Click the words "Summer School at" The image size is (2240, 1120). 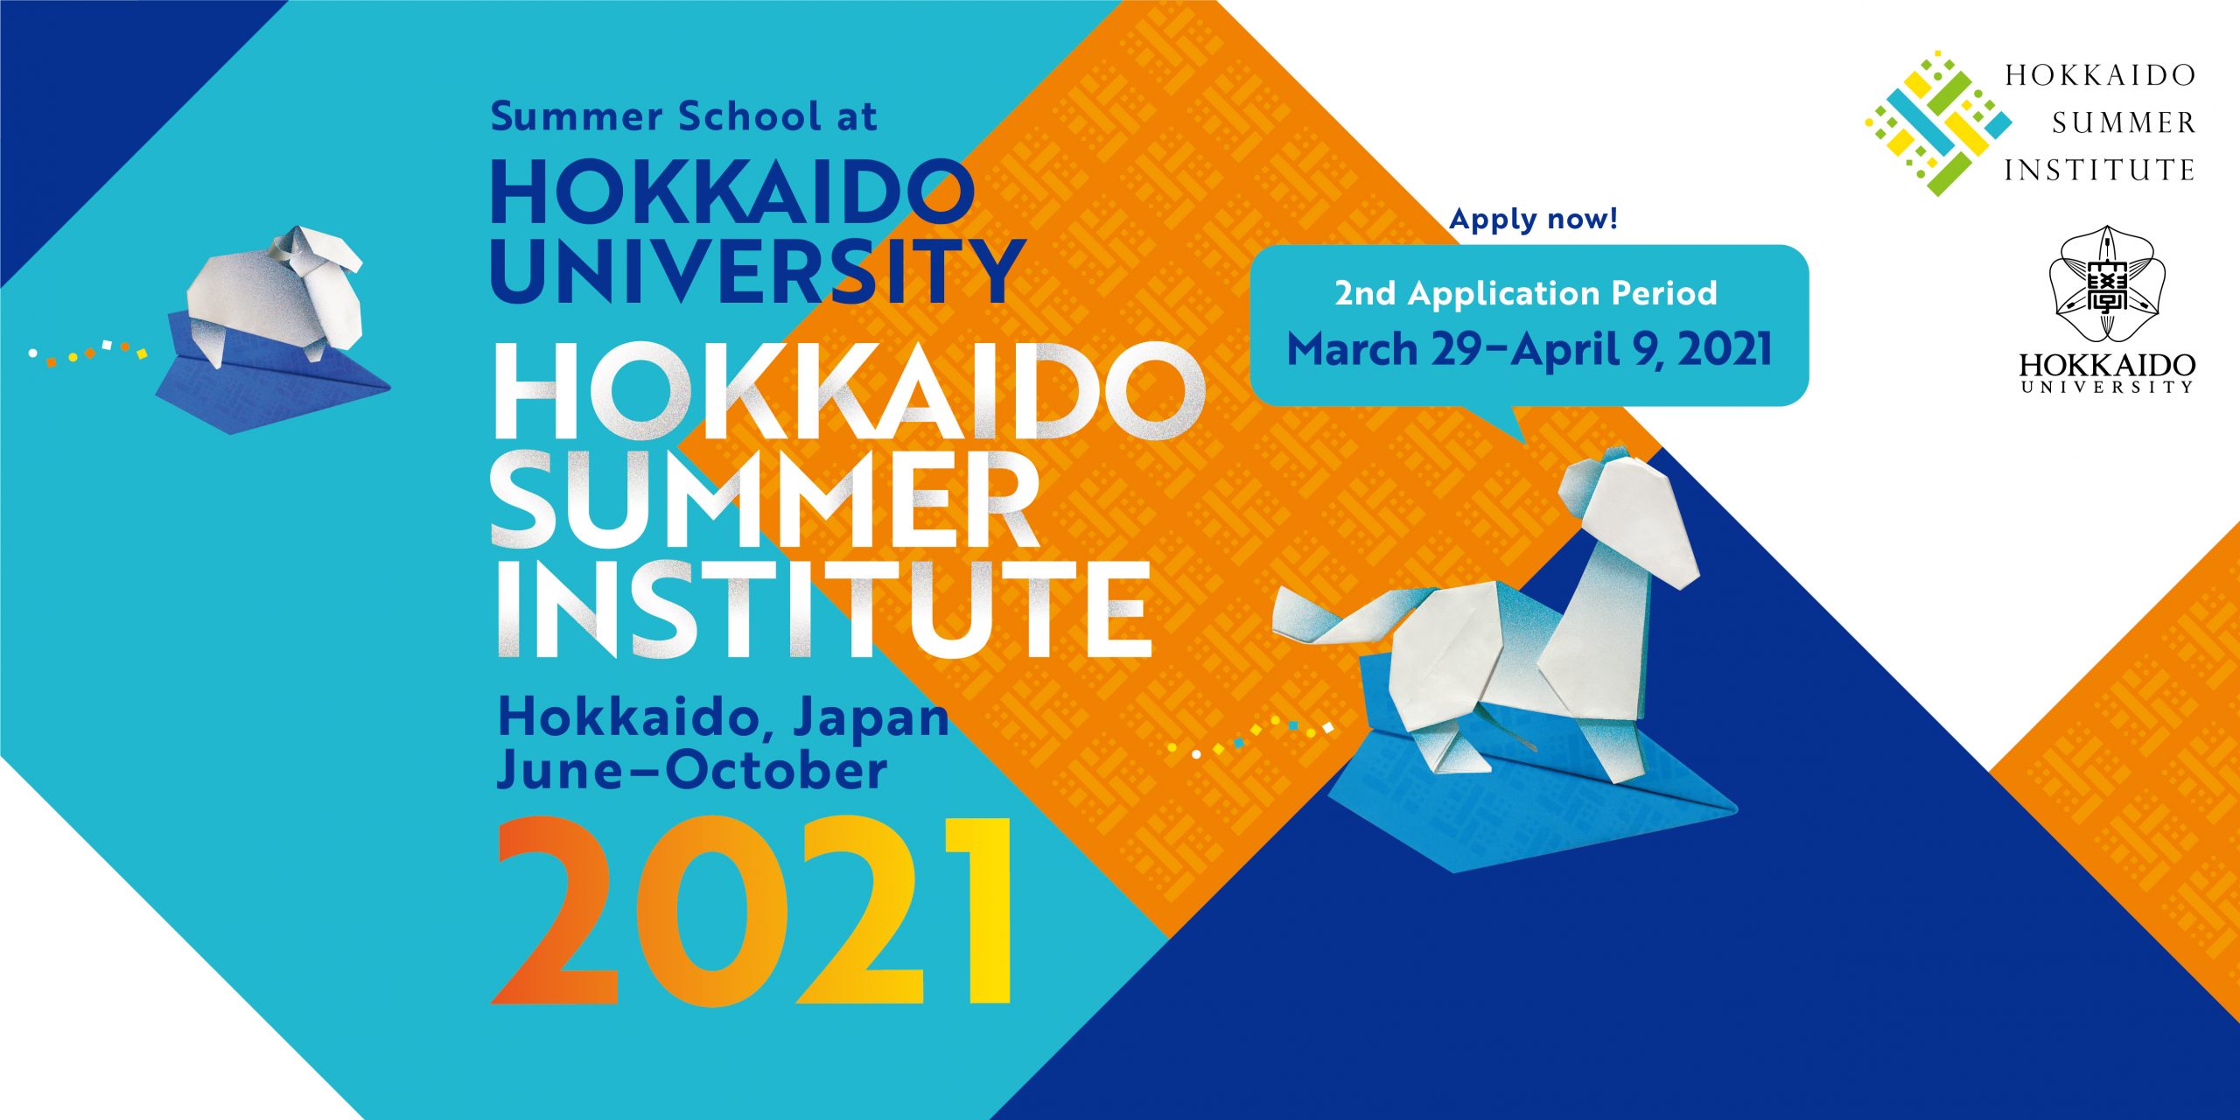tap(683, 117)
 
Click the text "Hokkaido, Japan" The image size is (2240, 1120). tap(724, 720)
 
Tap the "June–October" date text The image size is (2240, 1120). tap(692, 771)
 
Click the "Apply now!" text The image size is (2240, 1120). tap(1534, 220)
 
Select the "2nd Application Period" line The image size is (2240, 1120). tap(1526, 293)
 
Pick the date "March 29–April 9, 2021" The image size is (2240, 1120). tap(1529, 349)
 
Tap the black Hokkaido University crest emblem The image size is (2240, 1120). tap(2106, 283)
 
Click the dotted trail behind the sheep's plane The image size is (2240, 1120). tap(87, 352)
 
